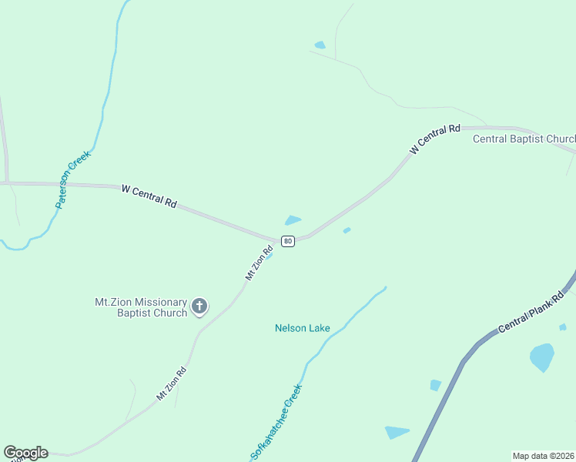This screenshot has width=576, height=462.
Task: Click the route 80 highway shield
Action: pos(287,241)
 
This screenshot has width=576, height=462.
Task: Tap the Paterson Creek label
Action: pos(73,179)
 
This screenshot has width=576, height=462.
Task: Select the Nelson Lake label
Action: pos(303,328)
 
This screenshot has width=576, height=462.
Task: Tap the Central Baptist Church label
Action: pos(524,139)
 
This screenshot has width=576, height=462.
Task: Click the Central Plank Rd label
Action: pos(531,311)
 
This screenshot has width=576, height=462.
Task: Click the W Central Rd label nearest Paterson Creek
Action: pos(149,196)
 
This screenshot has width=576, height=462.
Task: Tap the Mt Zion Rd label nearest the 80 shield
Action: pos(260,263)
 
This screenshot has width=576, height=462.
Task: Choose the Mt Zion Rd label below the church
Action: pos(171,383)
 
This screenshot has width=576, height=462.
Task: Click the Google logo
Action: pos(25,453)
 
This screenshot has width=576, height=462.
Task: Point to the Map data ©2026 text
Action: pos(544,456)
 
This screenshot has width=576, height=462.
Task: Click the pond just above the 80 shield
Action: pos(293,220)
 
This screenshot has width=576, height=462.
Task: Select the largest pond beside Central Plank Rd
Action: pos(542,357)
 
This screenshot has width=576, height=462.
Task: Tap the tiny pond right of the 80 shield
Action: pos(347,229)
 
